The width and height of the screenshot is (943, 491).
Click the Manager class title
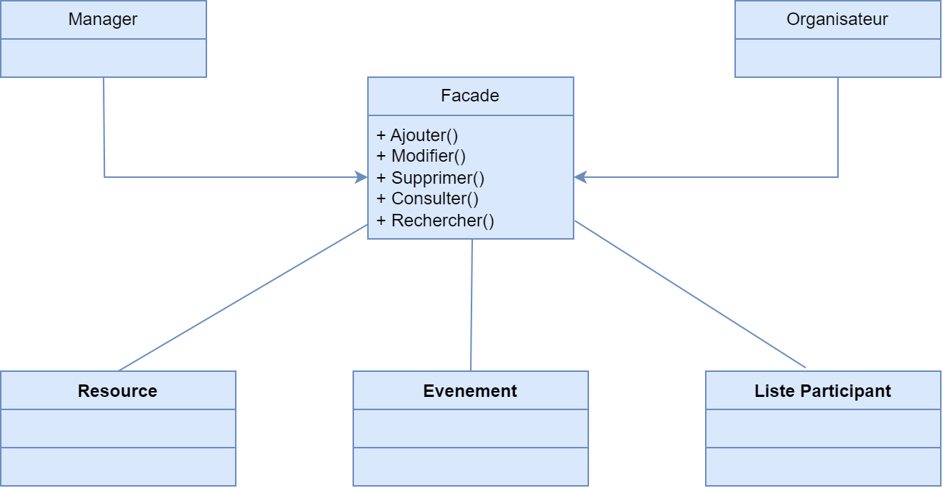[x=103, y=20]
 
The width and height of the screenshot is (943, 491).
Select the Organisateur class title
[x=837, y=20]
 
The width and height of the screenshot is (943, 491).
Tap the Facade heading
[x=470, y=96]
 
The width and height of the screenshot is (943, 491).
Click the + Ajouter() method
[x=417, y=135]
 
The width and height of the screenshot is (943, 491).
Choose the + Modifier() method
[x=421, y=156]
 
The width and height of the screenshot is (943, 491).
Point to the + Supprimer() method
[x=430, y=178]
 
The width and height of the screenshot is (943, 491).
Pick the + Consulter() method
[x=427, y=198]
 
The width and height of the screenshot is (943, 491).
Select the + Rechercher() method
[x=435, y=221]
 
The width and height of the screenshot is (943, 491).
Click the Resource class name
[x=118, y=391]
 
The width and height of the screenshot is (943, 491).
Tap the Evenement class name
[x=470, y=391]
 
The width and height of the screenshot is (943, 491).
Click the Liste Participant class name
[x=823, y=391]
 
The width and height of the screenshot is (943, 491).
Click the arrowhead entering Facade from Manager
[x=361, y=177]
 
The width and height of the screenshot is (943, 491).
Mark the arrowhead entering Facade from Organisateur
[x=580, y=177]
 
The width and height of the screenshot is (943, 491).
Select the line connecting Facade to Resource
[x=242, y=298]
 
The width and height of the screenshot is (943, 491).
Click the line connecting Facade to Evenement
[x=471, y=305]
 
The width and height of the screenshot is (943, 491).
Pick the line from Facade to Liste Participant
[x=690, y=294]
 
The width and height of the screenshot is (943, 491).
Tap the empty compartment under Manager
[x=103, y=58]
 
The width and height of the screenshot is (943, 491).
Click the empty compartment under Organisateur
[x=837, y=58]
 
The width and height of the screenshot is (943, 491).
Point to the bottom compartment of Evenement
[x=470, y=467]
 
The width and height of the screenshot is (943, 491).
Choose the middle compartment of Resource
[x=118, y=429]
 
